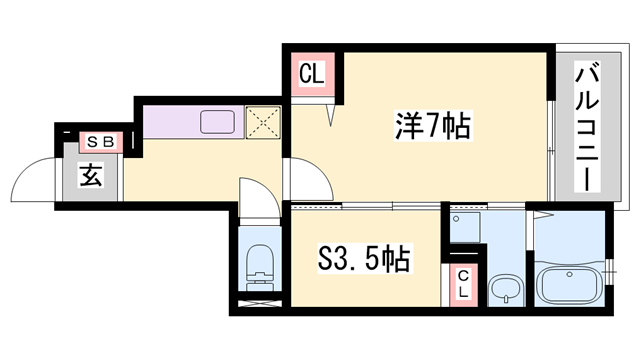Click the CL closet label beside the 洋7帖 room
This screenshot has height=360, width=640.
pos(311,74)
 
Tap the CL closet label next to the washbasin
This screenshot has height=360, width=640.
pos(464,285)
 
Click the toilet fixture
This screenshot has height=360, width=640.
pos(259,263)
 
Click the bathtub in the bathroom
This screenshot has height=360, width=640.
pos(569,284)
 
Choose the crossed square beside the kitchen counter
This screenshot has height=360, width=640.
pos(264,121)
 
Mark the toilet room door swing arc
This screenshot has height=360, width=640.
pos(253,195)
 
